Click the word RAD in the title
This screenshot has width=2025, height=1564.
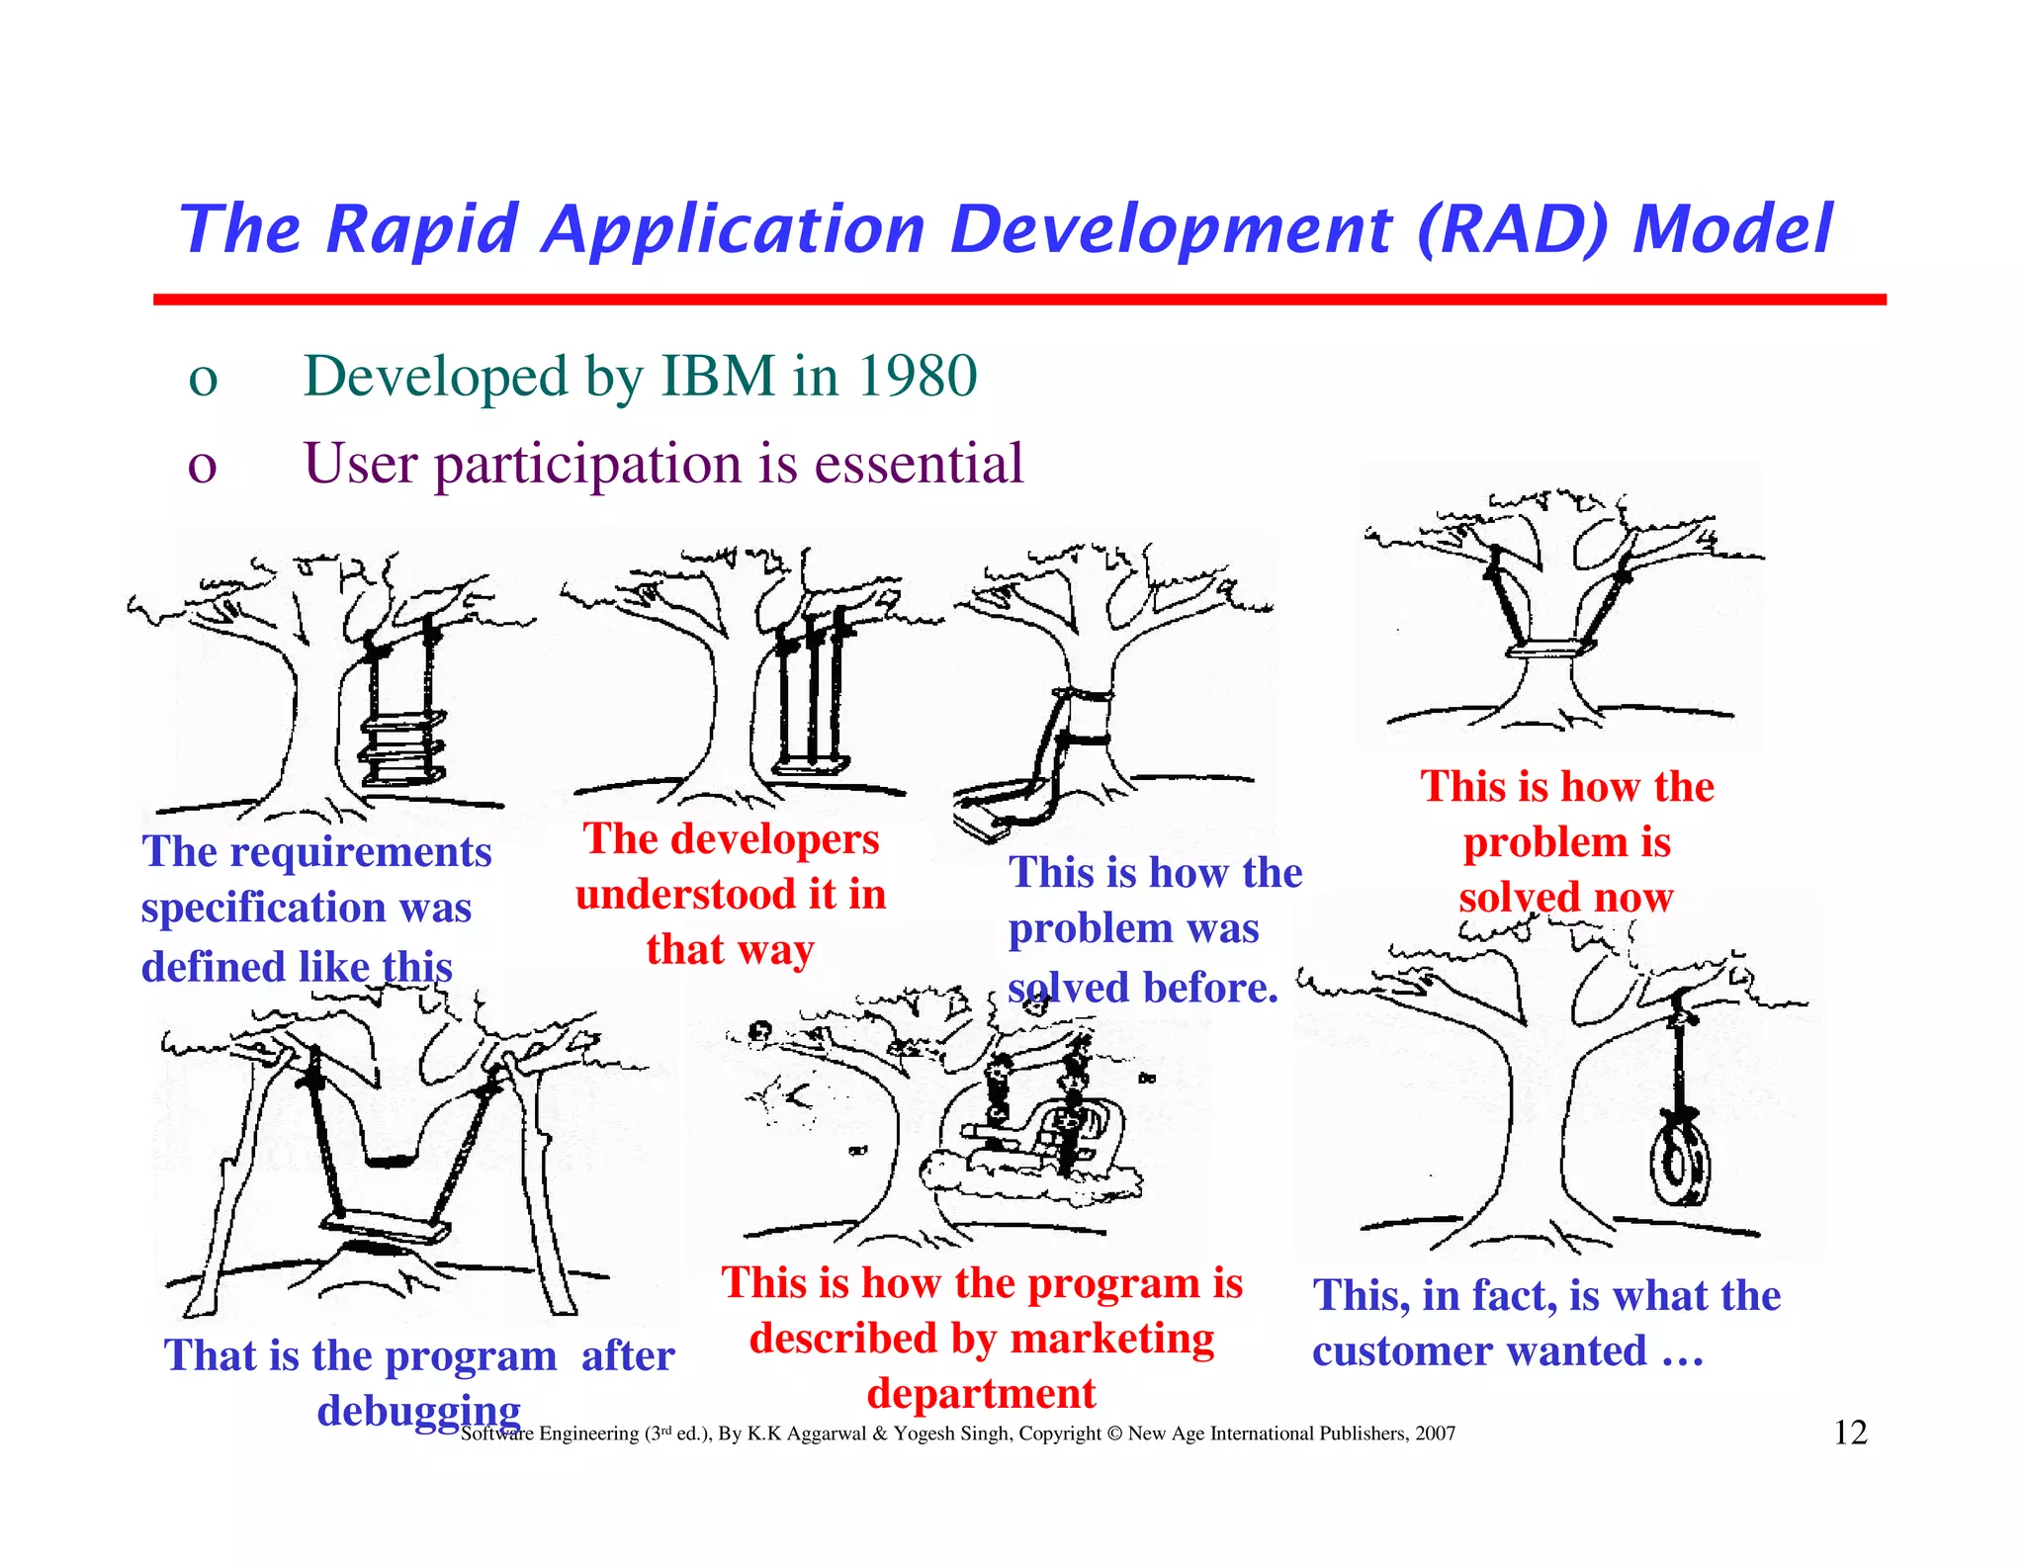click(x=1519, y=229)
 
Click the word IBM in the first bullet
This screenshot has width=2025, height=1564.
click(x=718, y=377)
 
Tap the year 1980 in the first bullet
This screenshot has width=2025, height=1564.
click(x=918, y=377)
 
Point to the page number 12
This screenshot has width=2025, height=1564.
click(x=1850, y=1433)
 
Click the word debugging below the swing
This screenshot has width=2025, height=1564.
click(x=418, y=1411)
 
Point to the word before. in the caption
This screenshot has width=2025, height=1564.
click(x=1210, y=988)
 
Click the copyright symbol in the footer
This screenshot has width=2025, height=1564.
click(x=1114, y=1434)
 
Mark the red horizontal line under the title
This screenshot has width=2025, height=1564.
click(x=1018, y=299)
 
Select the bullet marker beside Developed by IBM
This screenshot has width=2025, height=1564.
click(x=203, y=379)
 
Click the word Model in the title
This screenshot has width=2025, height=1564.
click(x=1732, y=229)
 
